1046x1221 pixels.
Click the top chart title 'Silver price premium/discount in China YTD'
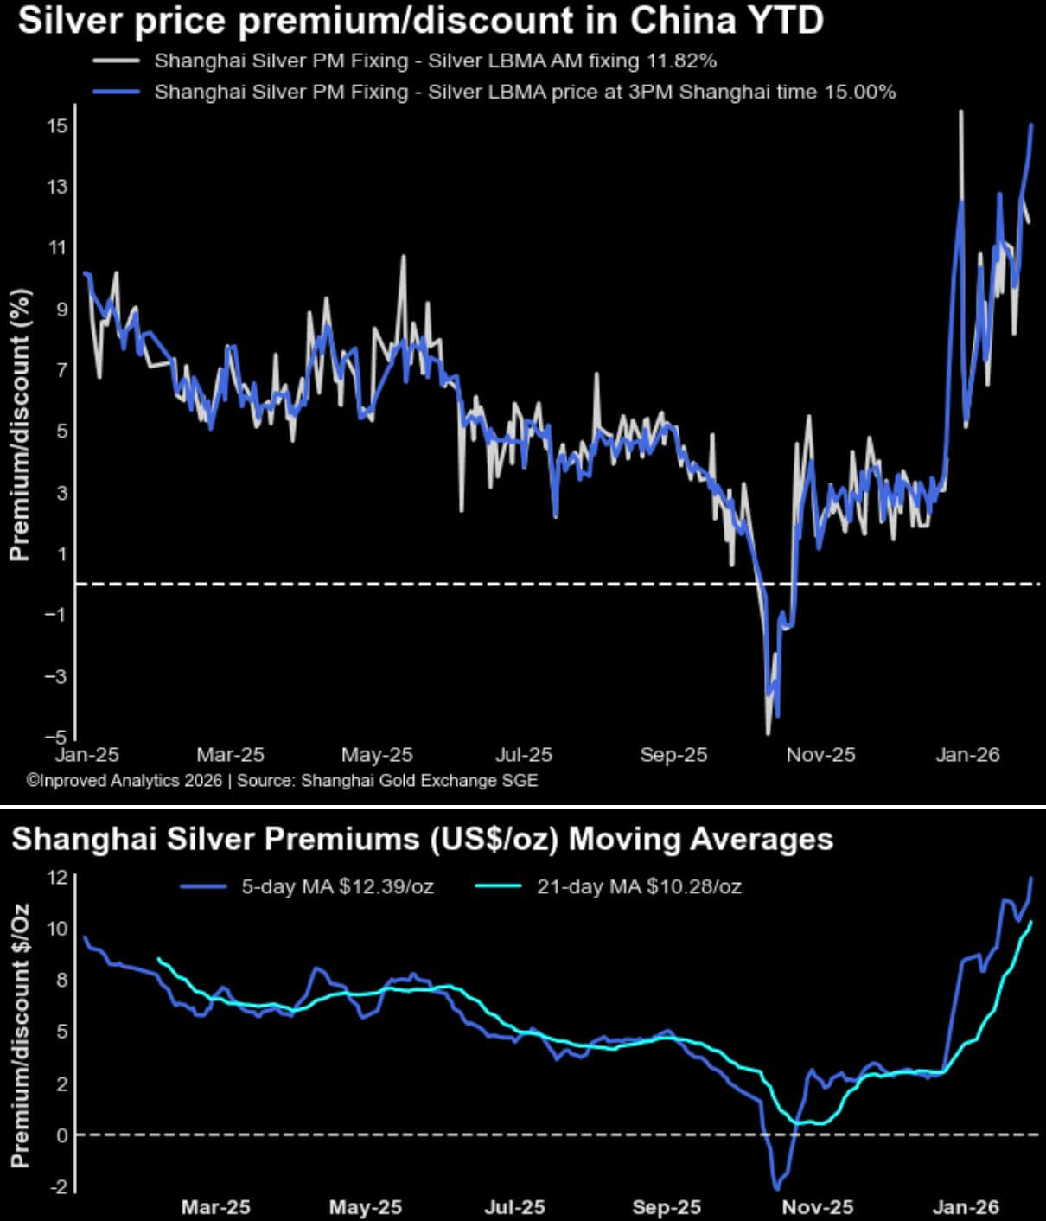point(420,21)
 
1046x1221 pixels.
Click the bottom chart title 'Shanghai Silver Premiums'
point(422,839)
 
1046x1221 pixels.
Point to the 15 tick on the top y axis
point(57,126)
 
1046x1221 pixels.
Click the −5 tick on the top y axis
point(54,737)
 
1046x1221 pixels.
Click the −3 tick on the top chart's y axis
point(54,675)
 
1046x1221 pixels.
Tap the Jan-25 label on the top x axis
point(86,755)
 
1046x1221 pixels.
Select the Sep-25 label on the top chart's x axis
point(673,755)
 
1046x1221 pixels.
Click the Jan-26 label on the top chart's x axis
point(967,755)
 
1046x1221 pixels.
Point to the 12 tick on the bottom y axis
point(57,877)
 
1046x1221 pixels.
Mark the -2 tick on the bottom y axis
point(57,1187)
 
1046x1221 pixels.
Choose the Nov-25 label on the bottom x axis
point(817,1207)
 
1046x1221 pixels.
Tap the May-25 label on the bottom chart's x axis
point(366,1207)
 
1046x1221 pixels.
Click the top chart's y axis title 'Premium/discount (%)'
point(20,424)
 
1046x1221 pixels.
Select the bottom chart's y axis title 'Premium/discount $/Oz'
point(20,1035)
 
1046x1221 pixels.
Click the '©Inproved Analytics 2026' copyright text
point(124,781)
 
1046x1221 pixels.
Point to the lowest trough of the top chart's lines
point(768,733)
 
